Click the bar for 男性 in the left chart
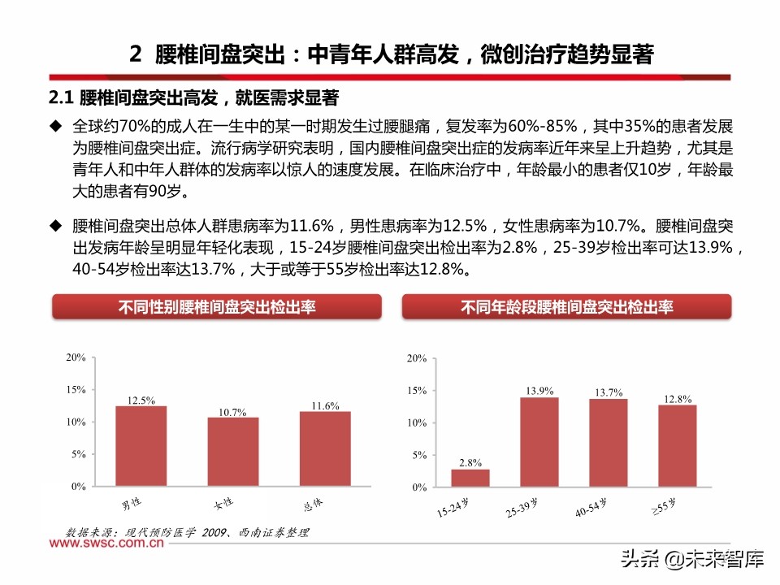(x=141, y=446)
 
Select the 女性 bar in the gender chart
(x=232, y=452)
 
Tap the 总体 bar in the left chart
(x=324, y=449)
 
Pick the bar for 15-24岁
(x=470, y=479)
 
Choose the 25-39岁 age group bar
(x=539, y=442)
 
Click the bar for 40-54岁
(x=609, y=443)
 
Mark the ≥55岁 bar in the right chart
(x=678, y=446)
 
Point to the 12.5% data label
(x=141, y=400)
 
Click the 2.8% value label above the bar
(x=470, y=463)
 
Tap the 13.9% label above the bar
(x=539, y=391)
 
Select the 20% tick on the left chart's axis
(x=76, y=357)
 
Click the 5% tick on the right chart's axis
(x=418, y=456)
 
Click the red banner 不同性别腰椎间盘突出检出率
(x=217, y=307)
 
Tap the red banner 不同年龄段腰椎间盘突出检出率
(x=566, y=307)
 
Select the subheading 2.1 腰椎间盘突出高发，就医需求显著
(x=193, y=98)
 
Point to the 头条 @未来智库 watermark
(x=691, y=559)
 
